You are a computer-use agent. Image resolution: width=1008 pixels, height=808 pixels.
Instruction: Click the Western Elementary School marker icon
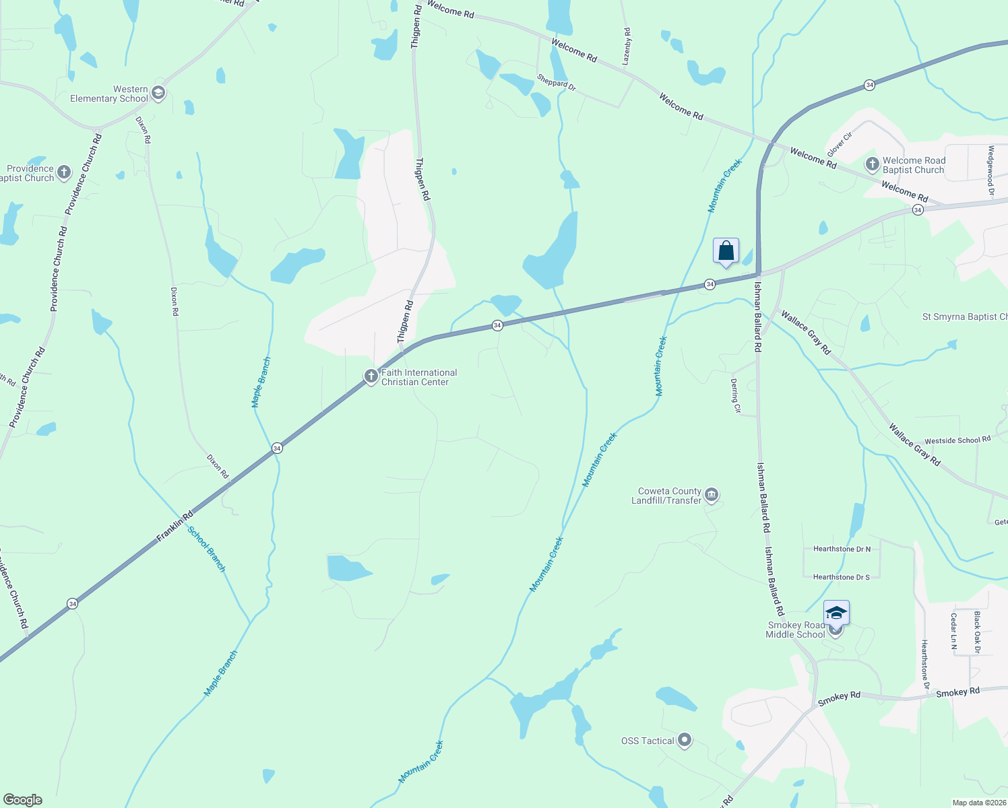coord(158,93)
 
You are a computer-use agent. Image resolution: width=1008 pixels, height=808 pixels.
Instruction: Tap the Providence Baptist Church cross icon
coord(64,172)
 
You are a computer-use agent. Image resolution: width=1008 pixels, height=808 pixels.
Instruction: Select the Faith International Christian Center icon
coord(371,376)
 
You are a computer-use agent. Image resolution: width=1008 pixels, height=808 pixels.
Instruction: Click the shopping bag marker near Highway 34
coord(726,251)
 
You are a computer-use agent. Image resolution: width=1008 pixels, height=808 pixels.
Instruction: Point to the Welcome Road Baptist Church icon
coord(872,164)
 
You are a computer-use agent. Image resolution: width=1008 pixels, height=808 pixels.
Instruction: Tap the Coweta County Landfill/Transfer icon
coord(712,496)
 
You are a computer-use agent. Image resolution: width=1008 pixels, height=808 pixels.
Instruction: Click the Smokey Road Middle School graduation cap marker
coord(836,613)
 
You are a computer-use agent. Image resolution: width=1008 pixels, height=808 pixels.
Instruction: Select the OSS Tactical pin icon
coord(685,740)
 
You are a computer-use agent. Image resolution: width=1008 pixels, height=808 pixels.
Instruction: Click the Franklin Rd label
coord(175,526)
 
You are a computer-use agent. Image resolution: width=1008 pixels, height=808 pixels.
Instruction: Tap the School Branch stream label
coord(207,549)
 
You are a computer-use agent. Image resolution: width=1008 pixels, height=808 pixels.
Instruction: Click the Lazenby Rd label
coord(627,46)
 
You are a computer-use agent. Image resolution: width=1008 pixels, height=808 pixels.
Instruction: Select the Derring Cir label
coord(736,395)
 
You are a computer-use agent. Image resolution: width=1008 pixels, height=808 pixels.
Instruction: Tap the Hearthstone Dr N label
coord(842,549)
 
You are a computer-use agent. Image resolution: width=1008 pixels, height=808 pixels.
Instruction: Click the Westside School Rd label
coord(957,440)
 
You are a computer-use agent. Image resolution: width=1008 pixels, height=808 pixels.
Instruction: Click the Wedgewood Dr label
coord(990,171)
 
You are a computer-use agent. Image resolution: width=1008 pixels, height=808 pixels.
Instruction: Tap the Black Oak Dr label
coord(977,632)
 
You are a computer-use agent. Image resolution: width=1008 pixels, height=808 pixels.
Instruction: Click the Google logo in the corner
coord(23,800)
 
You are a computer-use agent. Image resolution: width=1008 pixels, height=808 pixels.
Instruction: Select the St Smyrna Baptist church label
coord(964,316)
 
